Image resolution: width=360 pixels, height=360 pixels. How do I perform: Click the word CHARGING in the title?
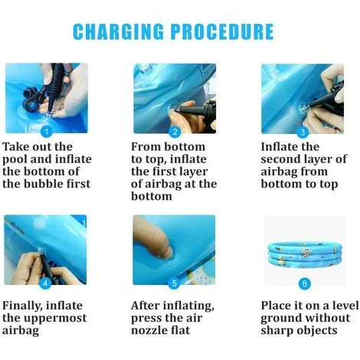(x=118, y=32)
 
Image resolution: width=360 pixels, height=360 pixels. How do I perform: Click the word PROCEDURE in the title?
(x=222, y=32)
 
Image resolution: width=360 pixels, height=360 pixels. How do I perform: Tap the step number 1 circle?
(x=47, y=132)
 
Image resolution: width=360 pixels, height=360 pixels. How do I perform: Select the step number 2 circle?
(x=175, y=132)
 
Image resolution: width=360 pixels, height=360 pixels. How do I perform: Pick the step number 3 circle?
(x=303, y=132)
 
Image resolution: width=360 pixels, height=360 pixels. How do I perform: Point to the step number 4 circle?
(x=45, y=283)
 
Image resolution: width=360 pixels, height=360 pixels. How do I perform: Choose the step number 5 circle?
(x=174, y=283)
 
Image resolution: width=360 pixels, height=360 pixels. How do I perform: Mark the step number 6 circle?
(x=304, y=283)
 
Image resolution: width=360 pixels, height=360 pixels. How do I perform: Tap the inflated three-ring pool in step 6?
(x=304, y=254)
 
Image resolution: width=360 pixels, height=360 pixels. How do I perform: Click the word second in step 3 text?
(x=279, y=159)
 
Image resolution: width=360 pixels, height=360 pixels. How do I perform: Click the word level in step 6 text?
(x=345, y=306)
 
